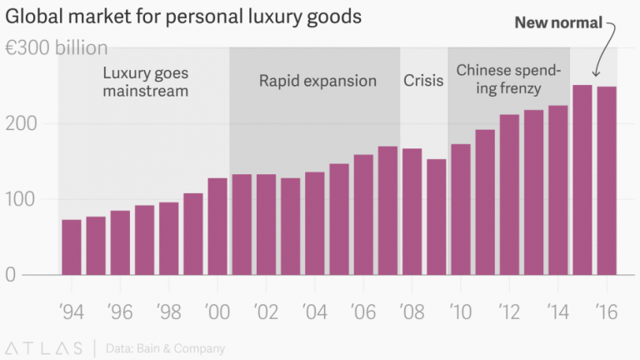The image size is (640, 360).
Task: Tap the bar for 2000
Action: tap(217, 226)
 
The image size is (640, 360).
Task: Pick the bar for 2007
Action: tap(387, 210)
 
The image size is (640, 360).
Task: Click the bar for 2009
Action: tap(437, 217)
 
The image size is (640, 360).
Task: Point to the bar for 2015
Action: tap(582, 179)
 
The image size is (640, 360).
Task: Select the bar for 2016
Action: tap(607, 180)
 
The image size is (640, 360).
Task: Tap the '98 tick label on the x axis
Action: tap(168, 312)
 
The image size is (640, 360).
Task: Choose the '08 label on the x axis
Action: tap(412, 312)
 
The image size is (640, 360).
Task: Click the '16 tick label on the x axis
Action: tap(606, 312)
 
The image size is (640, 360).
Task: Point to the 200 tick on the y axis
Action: tap(22, 123)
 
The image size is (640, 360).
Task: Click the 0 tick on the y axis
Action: tap(10, 274)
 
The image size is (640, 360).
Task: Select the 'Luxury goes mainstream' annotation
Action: tap(145, 81)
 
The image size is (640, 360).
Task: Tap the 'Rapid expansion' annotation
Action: tap(317, 81)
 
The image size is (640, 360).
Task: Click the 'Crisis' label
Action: tap(423, 81)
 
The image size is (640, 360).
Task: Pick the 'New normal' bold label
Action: tap(557, 22)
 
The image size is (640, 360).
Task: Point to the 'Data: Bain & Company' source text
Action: tap(165, 348)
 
